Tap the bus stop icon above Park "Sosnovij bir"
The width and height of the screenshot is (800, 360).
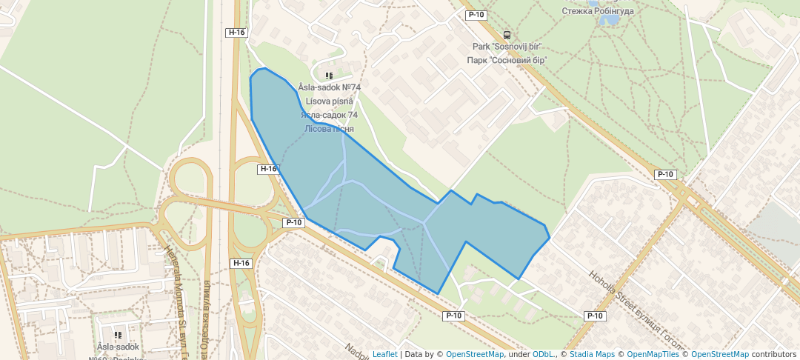[507, 35]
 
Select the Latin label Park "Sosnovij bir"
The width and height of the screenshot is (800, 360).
[507, 47]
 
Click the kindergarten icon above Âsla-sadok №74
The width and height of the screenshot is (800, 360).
[329, 76]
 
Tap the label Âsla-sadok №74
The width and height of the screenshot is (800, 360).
[330, 87]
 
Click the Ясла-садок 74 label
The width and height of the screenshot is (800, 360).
[330, 115]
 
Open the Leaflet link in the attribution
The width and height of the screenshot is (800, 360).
[384, 354]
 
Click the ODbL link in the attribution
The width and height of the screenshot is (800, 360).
[544, 354]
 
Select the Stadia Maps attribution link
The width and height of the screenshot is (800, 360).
[591, 354]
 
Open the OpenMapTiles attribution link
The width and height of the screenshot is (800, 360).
[653, 354]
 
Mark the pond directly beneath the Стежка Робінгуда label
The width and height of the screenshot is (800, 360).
[609, 20]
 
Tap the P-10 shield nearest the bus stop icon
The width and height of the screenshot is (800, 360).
[475, 15]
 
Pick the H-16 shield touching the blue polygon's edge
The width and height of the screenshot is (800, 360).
[268, 169]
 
